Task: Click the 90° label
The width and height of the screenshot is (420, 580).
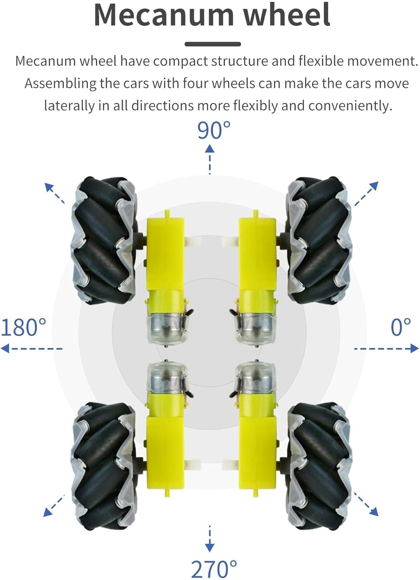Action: coord(214,130)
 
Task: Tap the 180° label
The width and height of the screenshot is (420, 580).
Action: coord(23,327)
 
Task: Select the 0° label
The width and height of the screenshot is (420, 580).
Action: coord(401,327)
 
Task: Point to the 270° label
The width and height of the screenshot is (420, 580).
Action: coord(214,569)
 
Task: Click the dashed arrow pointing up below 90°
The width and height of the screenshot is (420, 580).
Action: coord(210,159)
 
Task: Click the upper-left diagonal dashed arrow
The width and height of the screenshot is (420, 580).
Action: coord(55,193)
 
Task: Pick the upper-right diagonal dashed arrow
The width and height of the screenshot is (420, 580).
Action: coord(366,194)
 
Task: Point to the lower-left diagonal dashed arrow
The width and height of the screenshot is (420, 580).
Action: coord(54,505)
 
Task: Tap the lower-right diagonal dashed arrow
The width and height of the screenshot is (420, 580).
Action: coord(366,505)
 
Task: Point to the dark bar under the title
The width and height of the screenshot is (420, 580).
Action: coord(213,44)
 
